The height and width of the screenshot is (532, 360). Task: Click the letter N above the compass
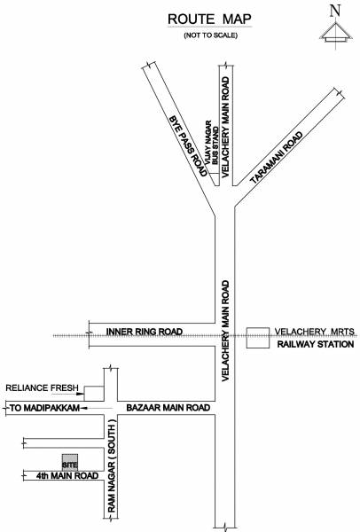[333, 10]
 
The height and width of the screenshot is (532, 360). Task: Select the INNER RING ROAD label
[144, 332]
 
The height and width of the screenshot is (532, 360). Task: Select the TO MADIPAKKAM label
[43, 409]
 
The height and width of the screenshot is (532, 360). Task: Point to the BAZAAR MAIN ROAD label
[168, 409]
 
